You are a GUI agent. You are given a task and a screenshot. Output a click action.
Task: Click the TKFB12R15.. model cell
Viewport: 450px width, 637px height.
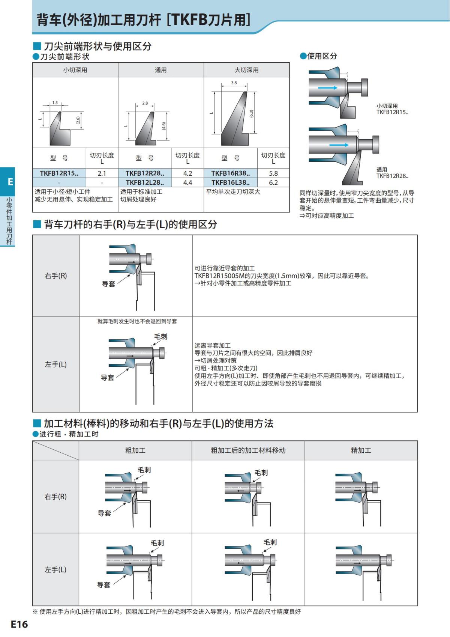59,173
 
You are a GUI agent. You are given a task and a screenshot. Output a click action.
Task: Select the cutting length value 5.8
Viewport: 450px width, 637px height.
273,173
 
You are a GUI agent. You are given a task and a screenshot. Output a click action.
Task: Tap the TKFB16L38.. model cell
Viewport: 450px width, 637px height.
230,182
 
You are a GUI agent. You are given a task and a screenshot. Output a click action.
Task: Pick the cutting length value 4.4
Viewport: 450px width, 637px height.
187,182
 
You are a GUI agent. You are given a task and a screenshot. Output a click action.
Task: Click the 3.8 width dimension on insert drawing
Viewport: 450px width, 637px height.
234,83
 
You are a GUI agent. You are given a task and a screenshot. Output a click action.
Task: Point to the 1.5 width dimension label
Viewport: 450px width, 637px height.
55,102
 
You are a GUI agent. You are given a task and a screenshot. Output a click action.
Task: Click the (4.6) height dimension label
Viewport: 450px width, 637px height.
164,126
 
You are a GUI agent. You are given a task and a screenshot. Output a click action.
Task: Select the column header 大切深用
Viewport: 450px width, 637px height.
246,70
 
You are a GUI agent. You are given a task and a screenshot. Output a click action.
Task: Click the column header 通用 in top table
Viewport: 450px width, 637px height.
160,70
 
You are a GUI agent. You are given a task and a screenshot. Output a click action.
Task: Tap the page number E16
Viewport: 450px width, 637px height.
19,624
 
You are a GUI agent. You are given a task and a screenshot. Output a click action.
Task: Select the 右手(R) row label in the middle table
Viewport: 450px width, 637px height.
56,276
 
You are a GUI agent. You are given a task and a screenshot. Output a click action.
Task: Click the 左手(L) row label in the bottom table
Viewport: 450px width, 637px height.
55,569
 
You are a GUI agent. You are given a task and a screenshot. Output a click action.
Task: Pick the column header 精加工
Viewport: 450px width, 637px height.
361,450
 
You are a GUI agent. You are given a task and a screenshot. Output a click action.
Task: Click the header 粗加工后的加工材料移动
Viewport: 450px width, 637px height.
248,450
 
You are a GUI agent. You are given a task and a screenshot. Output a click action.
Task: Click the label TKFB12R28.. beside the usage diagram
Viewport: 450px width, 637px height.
392,176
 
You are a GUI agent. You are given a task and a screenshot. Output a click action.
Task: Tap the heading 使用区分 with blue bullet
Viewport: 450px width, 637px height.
322,56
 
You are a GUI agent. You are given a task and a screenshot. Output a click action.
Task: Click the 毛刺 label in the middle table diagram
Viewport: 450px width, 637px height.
160,336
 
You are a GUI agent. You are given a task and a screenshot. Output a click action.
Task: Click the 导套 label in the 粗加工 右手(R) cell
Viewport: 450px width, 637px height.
104,513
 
